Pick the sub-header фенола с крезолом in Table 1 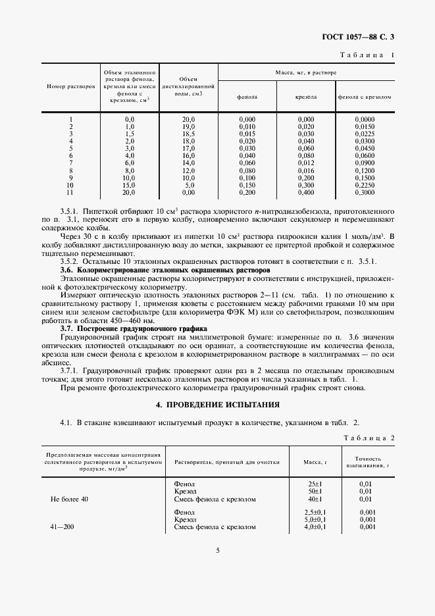coord(364,97)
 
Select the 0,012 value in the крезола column coord(306,163)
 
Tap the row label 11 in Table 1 coord(70,193)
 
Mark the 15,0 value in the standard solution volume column coord(130,186)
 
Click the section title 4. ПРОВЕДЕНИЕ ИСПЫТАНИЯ coord(217,404)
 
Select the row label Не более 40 coord(69,499)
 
